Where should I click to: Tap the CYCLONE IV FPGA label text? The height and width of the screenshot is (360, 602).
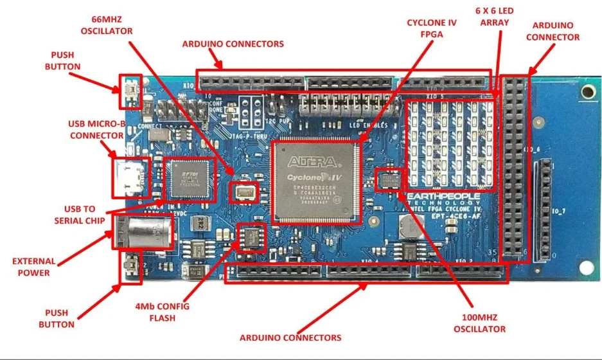(x=432, y=28)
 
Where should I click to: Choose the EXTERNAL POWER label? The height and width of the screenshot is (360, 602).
(x=34, y=267)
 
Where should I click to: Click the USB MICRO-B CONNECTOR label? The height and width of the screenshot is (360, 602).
(x=96, y=129)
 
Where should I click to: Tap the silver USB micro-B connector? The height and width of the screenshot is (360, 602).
(x=130, y=177)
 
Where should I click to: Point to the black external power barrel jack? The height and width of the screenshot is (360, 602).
(x=145, y=231)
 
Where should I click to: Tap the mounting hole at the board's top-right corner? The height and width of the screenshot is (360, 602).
(x=585, y=93)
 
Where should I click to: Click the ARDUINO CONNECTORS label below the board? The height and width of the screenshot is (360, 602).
(x=290, y=337)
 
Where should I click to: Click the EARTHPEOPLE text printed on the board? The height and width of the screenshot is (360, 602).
(x=444, y=195)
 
